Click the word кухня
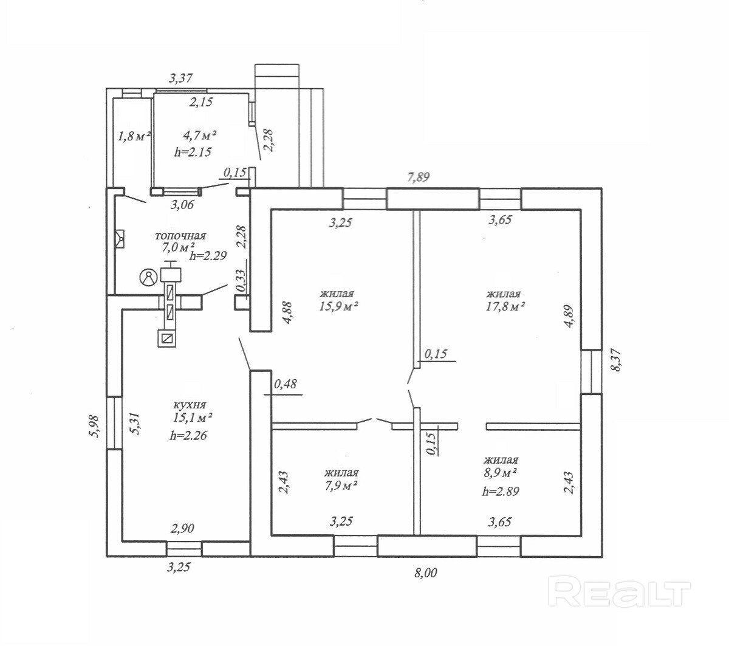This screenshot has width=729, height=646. coord(190,405)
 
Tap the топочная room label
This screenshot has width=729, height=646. coord(180,236)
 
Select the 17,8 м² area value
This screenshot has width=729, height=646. coord(505,306)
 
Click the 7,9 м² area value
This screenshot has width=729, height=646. coord(341,486)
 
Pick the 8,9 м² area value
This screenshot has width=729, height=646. coord(500,473)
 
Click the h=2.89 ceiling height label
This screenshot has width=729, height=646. coord(500,491)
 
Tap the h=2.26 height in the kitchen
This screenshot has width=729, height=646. coord(188,436)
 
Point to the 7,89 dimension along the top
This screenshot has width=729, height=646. coord(419,177)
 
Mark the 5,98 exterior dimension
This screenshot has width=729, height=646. coord(94,426)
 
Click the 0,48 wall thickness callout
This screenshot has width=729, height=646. coord(286,384)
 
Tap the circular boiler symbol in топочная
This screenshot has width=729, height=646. coord(149,278)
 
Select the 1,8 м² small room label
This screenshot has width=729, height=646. coord(134,136)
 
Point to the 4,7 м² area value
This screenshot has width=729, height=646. coord(200,136)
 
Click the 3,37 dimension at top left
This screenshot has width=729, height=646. coord(180,78)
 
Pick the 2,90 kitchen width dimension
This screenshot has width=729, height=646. coord(182,528)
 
